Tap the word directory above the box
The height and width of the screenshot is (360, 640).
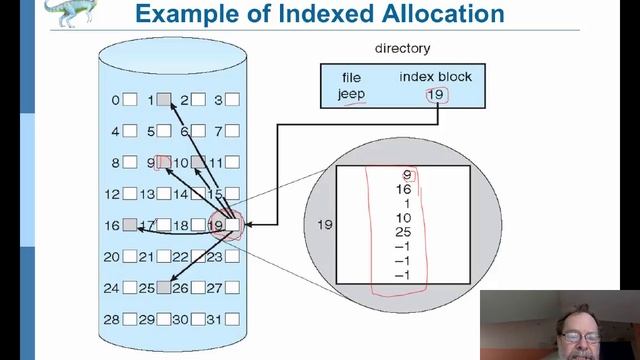coord(402,47)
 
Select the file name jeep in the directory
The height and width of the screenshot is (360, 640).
coord(350,96)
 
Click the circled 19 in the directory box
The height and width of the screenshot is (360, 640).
coord(435,96)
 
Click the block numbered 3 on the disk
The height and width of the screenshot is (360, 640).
coord(232,99)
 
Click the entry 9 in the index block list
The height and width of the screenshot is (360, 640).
coord(406,175)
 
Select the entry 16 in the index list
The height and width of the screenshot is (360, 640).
coord(404,189)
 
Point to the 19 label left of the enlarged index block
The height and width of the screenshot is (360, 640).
coord(323,224)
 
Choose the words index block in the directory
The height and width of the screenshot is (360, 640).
coord(435,77)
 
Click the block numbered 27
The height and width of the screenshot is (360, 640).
coord(232,288)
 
